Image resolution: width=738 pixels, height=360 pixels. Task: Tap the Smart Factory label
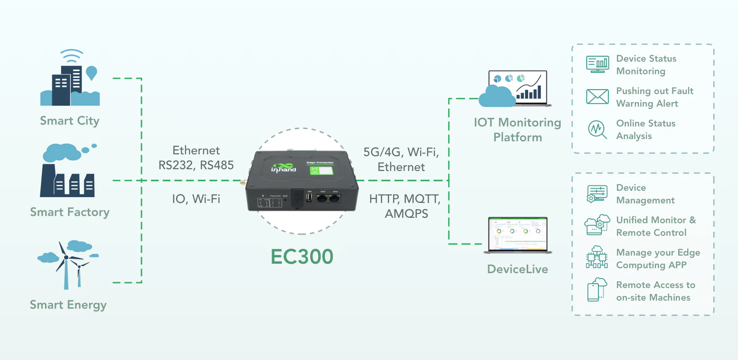click(70, 212)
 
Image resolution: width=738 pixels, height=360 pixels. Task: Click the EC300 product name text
click(302, 257)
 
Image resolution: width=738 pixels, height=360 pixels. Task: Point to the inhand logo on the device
click(283, 168)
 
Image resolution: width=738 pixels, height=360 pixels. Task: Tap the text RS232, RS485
click(196, 165)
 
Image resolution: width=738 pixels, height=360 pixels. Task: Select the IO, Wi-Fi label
click(196, 199)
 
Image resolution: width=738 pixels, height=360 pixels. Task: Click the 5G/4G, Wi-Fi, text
click(401, 152)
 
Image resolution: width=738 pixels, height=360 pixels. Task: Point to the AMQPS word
click(406, 214)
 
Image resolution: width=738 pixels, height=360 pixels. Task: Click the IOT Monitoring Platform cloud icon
click(497, 96)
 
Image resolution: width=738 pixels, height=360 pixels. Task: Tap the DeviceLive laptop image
click(518, 234)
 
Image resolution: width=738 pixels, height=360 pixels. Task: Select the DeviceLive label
click(517, 269)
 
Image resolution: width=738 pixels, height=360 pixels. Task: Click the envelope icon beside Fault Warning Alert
click(598, 97)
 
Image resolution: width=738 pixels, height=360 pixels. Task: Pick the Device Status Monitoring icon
click(598, 64)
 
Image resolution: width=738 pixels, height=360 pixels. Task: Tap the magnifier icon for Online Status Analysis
click(598, 130)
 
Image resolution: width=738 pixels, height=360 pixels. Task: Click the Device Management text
click(645, 194)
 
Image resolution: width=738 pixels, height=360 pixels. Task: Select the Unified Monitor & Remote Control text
click(655, 226)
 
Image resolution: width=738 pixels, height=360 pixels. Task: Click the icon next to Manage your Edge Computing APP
click(597, 258)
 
